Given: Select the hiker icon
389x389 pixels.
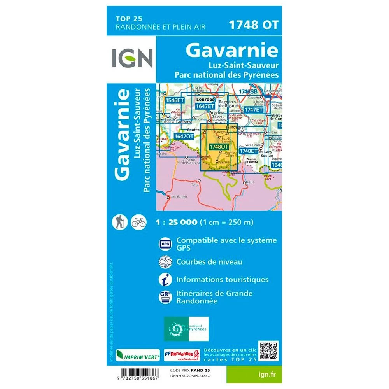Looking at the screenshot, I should point(118,222).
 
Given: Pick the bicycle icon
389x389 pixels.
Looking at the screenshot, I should point(138,222).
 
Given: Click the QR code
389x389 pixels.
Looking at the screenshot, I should point(269,351).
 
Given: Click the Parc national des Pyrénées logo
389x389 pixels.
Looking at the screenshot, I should point(186,329).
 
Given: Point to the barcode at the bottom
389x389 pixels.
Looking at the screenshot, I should point(136,375).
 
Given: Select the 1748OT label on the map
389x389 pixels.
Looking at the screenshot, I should point(218,147).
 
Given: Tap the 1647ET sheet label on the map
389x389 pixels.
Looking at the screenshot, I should point(205,106).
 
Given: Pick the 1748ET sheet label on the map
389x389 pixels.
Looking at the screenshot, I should point(248,151).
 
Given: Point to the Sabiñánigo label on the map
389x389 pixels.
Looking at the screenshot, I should point(179,197).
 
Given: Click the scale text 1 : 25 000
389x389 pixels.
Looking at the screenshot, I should point(177,223).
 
